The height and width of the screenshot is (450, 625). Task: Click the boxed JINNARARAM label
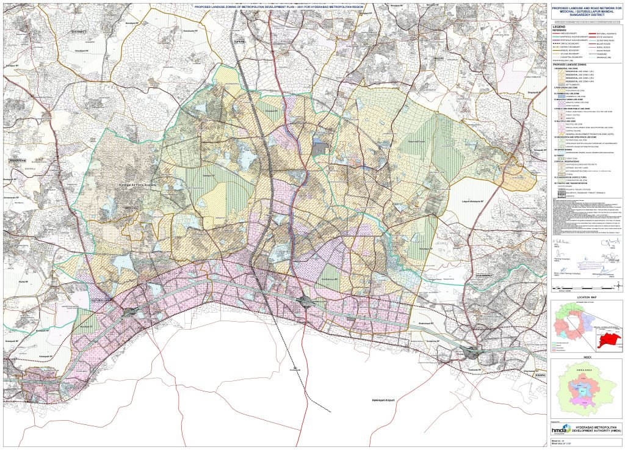18,160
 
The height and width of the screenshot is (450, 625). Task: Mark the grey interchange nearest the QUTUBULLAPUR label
131,312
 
